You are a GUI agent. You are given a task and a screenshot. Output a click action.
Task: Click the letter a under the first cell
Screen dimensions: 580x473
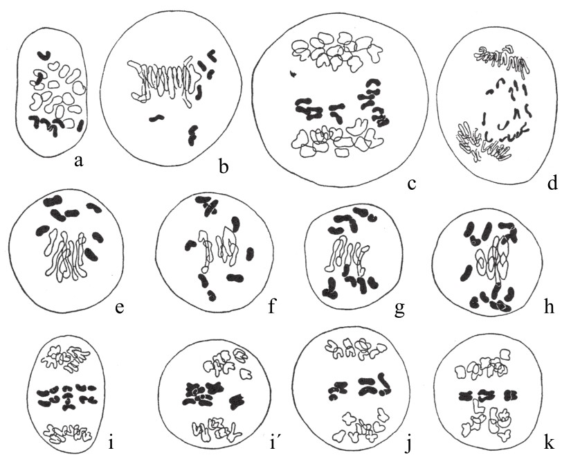(78, 161)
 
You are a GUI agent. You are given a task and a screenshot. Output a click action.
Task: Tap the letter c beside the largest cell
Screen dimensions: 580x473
(412, 184)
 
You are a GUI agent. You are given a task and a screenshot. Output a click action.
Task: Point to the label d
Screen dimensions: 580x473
(552, 182)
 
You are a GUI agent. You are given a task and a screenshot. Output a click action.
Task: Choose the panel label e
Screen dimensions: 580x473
(119, 308)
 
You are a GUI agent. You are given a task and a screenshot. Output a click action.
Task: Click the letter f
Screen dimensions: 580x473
(272, 305)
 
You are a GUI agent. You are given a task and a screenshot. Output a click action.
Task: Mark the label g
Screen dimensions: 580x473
(399, 310)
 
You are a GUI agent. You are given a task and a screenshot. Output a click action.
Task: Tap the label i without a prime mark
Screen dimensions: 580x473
(111, 442)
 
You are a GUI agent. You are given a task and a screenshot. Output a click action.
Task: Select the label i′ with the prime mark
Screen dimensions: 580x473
(273, 442)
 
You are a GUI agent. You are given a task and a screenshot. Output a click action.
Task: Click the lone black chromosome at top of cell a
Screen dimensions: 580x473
(44, 55)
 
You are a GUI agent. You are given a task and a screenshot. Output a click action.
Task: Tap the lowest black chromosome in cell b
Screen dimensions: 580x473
(192, 136)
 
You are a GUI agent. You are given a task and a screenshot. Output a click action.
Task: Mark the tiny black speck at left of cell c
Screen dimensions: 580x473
(293, 74)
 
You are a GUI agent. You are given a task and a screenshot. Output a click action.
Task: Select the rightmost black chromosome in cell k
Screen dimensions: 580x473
(511, 395)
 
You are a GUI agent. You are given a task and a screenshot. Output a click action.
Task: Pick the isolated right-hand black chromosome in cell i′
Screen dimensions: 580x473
(237, 401)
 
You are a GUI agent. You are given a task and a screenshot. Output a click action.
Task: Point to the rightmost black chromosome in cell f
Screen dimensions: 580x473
(250, 253)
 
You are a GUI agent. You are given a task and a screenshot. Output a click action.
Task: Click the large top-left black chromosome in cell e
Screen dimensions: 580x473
(53, 202)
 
